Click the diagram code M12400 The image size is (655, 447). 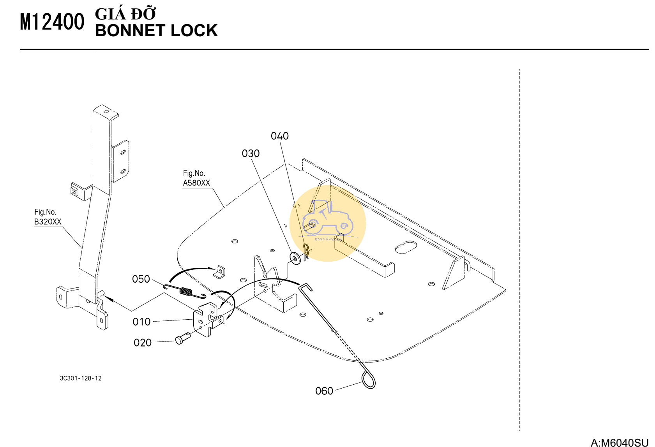coord(52,22)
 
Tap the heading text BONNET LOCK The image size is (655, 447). coord(156,31)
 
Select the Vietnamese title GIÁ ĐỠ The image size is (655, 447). coord(125,14)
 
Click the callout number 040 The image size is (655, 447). coord(280,136)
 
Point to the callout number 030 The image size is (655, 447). coord(251,153)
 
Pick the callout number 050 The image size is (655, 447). coord(141,279)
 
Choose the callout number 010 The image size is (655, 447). coord(141,322)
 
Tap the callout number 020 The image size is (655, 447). coord(143,343)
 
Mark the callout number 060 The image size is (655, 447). coord(324,391)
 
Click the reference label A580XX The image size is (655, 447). coord(196,183)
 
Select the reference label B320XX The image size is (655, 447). coord(48,222)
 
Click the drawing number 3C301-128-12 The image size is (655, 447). coord(81,378)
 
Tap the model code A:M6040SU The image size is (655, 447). coord(620,443)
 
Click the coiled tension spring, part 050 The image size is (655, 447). coord(186,291)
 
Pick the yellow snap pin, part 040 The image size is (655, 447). coord(306,251)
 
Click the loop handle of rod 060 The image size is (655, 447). coord(369,379)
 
